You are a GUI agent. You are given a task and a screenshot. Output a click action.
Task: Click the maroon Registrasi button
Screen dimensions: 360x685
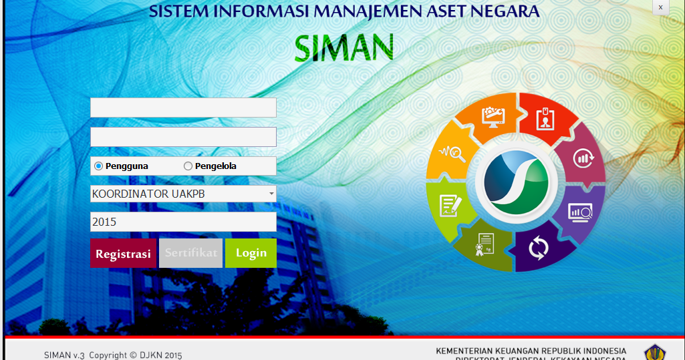(124, 254)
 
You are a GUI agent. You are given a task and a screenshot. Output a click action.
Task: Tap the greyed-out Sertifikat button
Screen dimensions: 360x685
(191, 254)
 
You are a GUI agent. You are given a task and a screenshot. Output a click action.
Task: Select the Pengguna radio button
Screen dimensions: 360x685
(99, 166)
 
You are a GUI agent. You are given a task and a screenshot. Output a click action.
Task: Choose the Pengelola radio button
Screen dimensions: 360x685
(188, 166)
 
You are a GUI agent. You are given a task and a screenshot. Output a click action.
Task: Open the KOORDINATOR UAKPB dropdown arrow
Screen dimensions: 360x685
(271, 194)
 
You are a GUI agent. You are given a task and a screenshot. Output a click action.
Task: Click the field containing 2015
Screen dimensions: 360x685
(183, 222)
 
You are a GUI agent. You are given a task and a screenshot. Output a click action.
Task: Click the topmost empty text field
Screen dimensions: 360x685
(183, 108)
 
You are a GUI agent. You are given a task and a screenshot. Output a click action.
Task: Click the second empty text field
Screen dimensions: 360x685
(183, 137)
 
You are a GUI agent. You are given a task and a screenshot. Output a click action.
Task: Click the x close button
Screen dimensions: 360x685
(660, 7)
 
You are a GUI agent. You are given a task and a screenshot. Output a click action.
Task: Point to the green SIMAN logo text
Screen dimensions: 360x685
(344, 47)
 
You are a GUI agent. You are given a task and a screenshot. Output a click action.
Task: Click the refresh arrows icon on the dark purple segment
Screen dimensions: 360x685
(538, 248)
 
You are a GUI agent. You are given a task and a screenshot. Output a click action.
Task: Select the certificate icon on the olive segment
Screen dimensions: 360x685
(486, 245)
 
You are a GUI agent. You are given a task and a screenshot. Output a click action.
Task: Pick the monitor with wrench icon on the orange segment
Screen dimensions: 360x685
(493, 118)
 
